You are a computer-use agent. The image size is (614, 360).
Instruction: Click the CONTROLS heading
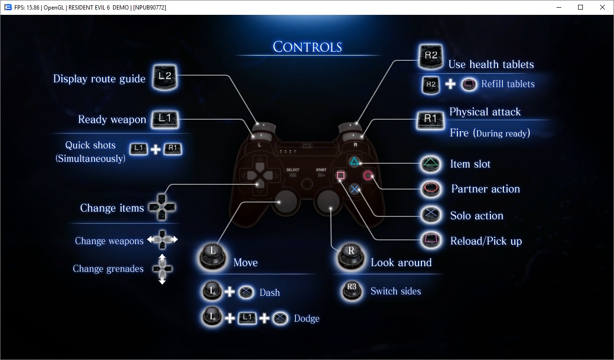click(x=307, y=47)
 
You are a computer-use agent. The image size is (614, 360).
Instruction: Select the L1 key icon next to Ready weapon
click(x=165, y=119)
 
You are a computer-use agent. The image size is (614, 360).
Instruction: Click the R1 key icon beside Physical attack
click(x=430, y=120)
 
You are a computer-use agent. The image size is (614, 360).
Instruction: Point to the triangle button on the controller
click(x=353, y=161)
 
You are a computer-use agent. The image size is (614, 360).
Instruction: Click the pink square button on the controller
click(x=341, y=176)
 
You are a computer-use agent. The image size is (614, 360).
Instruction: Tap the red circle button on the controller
click(x=368, y=176)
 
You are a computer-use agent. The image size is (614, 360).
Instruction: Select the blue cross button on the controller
click(x=354, y=189)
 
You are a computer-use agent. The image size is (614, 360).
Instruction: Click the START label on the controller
click(x=321, y=170)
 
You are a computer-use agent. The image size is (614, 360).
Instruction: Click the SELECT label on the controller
click(x=293, y=170)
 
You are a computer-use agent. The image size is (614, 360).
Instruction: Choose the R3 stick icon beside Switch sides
click(x=352, y=290)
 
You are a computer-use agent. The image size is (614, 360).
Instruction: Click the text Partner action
click(x=485, y=189)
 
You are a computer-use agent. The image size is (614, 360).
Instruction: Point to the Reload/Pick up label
click(x=486, y=241)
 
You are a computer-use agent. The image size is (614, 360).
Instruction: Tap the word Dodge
click(x=307, y=318)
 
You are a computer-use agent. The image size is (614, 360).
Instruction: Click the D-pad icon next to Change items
click(x=162, y=207)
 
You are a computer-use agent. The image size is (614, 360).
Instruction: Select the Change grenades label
click(x=108, y=269)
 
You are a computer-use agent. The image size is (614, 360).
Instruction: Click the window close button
click(x=603, y=7)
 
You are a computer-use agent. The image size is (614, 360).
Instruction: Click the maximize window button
click(x=580, y=7)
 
